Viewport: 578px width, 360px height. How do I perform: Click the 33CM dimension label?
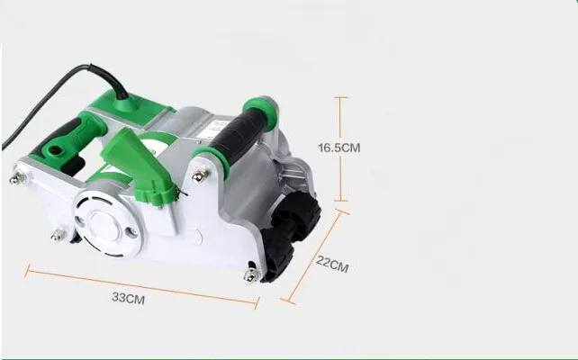point(128,298)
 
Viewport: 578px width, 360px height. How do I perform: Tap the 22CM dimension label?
point(332,265)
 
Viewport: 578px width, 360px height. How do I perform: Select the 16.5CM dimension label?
point(339,148)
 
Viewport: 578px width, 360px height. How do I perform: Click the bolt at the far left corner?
point(17,179)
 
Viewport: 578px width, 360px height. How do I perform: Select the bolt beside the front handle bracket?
point(200,174)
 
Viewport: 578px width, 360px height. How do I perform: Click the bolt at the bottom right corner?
point(252,274)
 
